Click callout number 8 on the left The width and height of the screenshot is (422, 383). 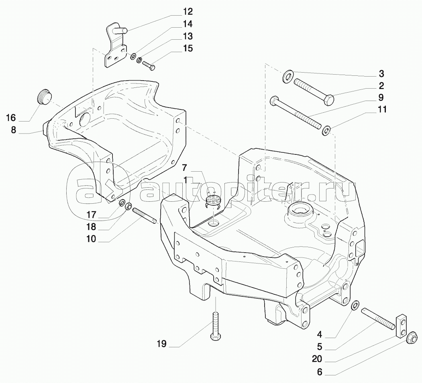pos(13,130)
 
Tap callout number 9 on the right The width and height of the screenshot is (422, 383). pos(380,97)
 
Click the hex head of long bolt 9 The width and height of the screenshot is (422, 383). pos(274,100)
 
